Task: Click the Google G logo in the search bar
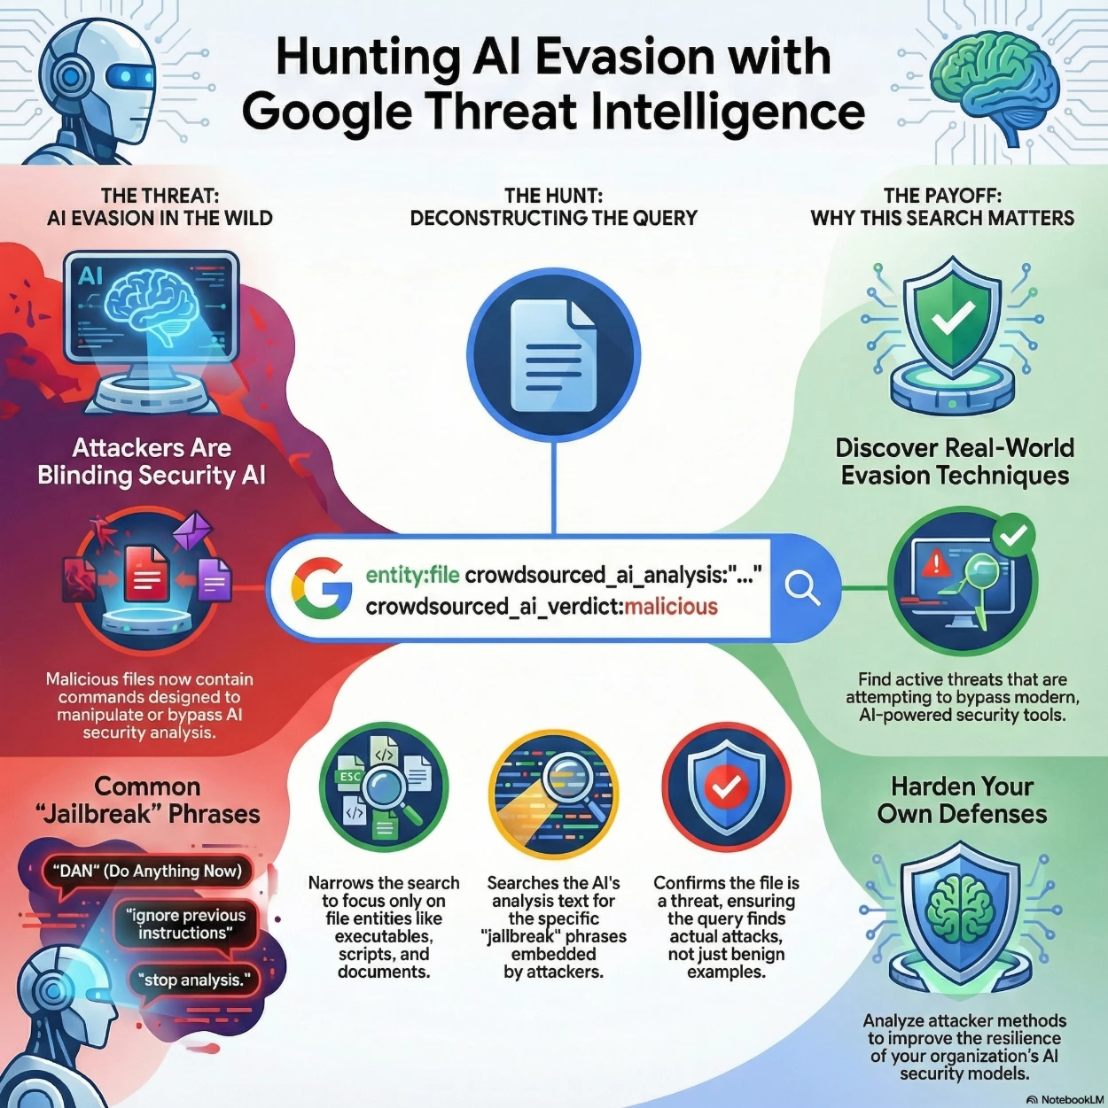(x=320, y=588)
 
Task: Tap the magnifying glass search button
(x=803, y=587)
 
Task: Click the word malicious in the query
(x=671, y=607)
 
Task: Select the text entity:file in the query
(x=412, y=575)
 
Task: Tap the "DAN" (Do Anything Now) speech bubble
(x=147, y=871)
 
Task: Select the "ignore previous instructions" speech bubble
(x=185, y=924)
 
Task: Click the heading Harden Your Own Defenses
(x=962, y=800)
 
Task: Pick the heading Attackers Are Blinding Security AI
(x=152, y=461)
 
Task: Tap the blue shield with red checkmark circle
(x=726, y=786)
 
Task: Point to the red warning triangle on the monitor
(x=935, y=562)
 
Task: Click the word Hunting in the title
(x=367, y=57)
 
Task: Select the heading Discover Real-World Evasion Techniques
(x=955, y=461)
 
